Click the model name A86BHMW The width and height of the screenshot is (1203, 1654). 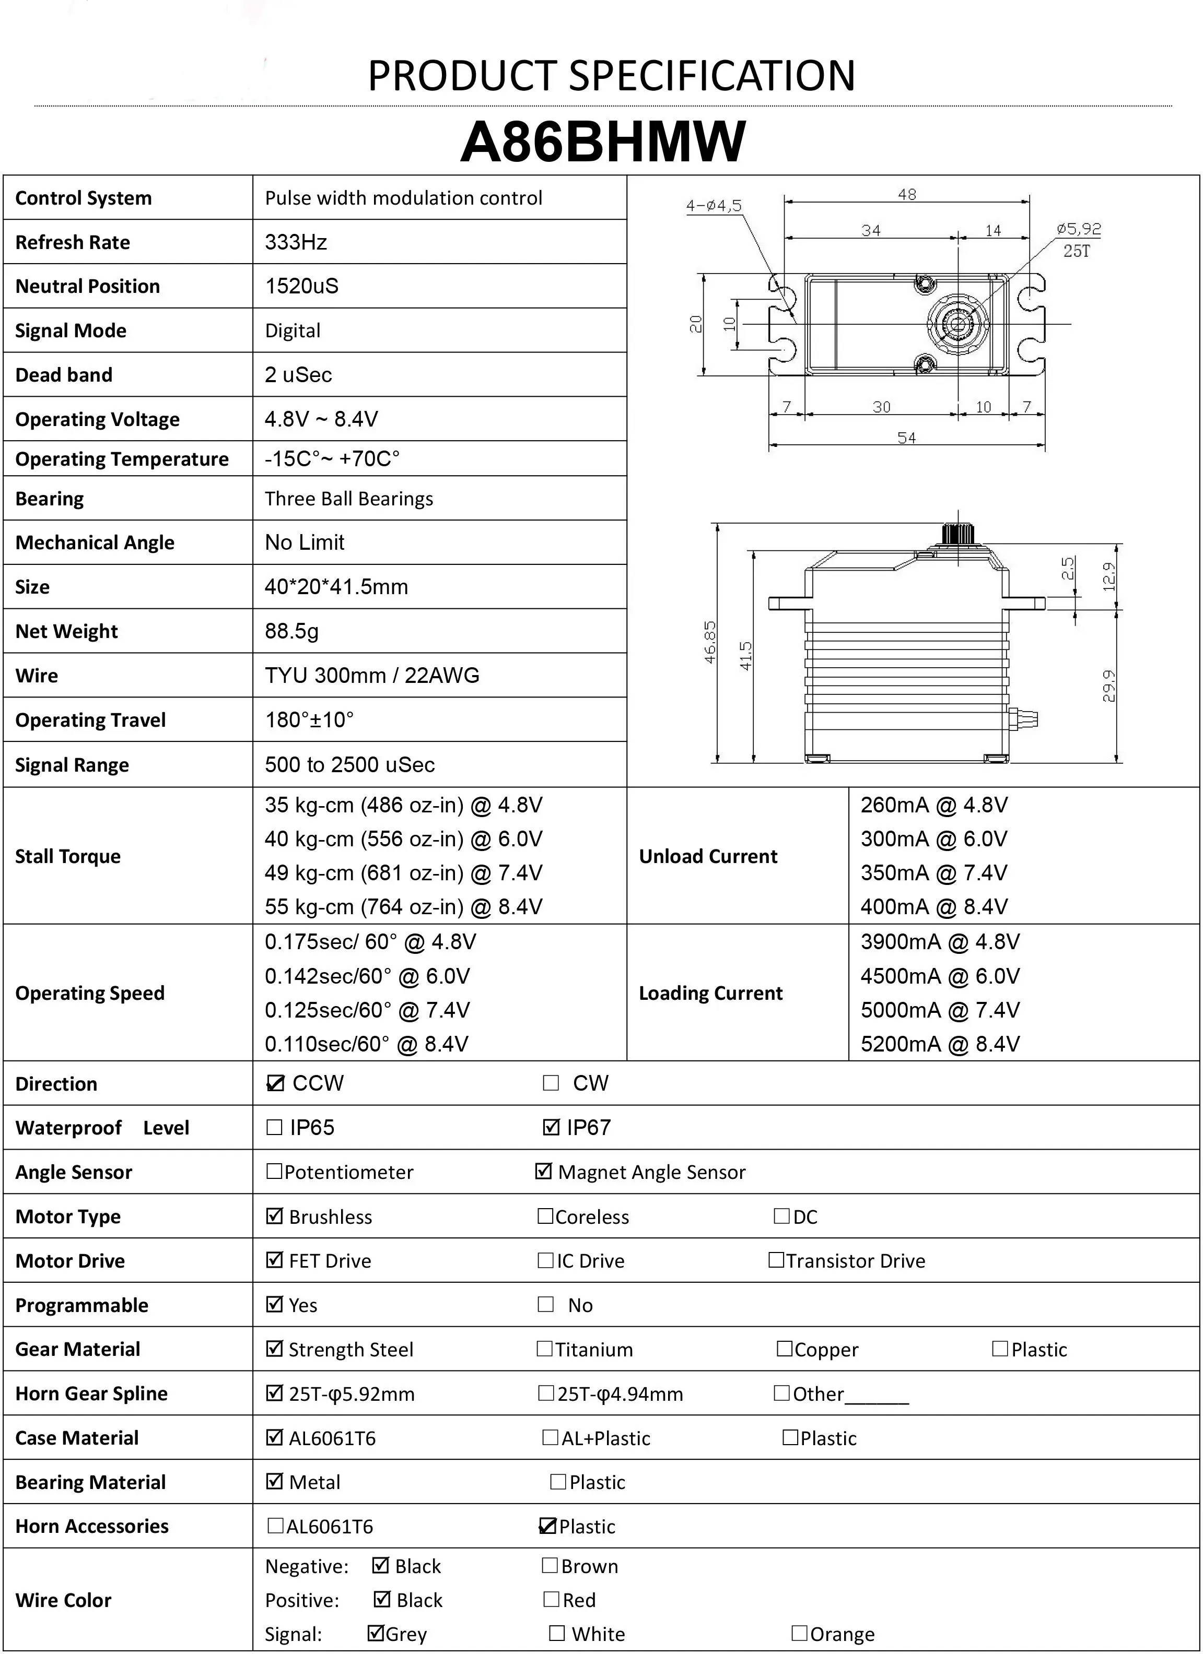[x=603, y=141]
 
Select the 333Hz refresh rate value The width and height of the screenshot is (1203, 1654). [x=296, y=242]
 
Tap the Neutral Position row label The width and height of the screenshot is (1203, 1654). [x=88, y=286]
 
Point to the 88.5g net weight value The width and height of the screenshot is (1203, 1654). [x=292, y=631]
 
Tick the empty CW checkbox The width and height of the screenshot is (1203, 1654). [x=551, y=1083]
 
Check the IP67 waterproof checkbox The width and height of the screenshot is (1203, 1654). [x=552, y=1127]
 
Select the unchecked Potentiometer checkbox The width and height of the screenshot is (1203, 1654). [x=274, y=1171]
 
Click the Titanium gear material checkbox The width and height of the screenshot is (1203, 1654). [x=544, y=1349]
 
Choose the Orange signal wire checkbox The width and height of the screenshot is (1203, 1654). [x=800, y=1633]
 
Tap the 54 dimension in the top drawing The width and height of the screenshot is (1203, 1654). [x=906, y=438]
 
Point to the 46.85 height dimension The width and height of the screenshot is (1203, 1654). [x=710, y=642]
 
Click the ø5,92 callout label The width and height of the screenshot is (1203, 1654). [x=1078, y=229]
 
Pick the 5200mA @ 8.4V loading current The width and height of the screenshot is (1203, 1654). [x=940, y=1044]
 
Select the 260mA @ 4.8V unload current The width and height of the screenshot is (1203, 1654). [x=934, y=805]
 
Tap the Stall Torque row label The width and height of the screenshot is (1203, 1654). [x=68, y=856]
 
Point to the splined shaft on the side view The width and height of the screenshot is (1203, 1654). [x=958, y=534]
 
